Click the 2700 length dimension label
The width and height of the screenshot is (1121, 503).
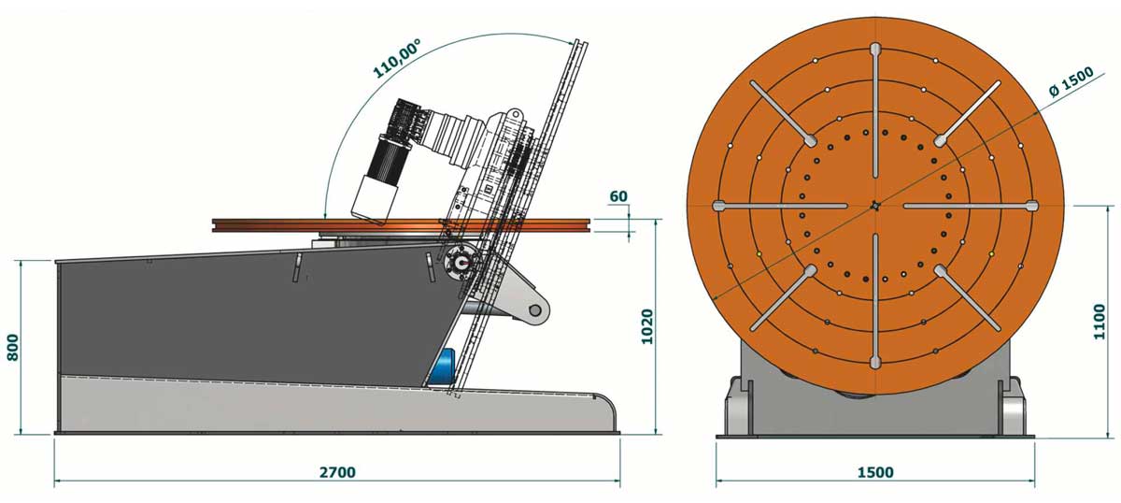coord(337,472)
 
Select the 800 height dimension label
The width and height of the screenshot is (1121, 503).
coord(13,347)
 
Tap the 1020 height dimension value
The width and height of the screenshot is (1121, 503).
coord(647,326)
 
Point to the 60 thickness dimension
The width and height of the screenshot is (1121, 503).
coord(618,196)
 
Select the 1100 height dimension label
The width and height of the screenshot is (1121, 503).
coord(1099,322)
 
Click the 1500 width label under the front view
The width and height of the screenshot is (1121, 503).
coord(876,472)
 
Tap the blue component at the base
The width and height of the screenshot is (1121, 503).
coord(444,368)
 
